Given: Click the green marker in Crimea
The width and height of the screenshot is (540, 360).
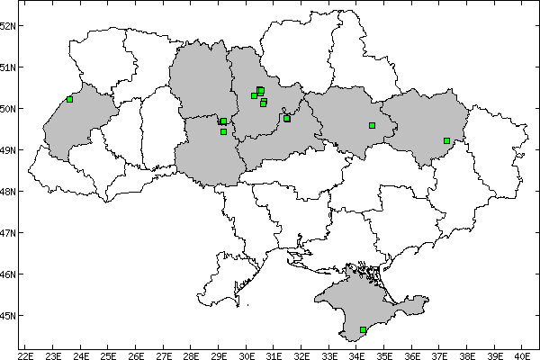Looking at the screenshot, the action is [x=363, y=330].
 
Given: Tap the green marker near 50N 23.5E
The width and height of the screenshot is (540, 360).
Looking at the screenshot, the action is [x=69, y=99].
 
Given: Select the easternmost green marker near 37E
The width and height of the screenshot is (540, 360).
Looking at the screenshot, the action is [x=446, y=140].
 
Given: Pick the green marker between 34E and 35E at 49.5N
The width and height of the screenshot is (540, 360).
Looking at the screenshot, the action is [x=372, y=125].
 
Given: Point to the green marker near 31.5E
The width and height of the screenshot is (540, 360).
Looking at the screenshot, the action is [x=287, y=118].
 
